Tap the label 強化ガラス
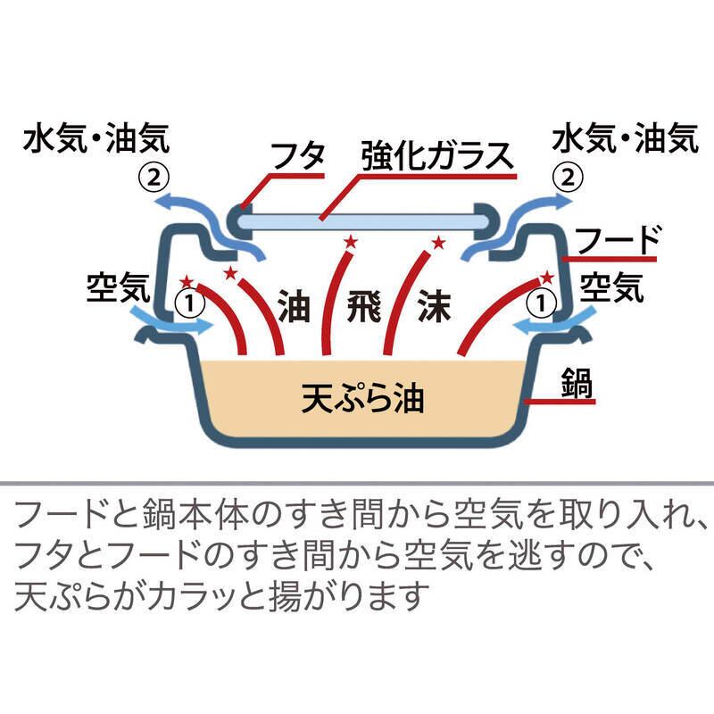click(x=437, y=156)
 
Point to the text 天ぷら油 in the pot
click(x=361, y=398)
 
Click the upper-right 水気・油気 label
click(x=624, y=139)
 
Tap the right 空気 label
click(x=611, y=285)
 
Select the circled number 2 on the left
click(x=154, y=176)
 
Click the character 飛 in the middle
click(x=361, y=306)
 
